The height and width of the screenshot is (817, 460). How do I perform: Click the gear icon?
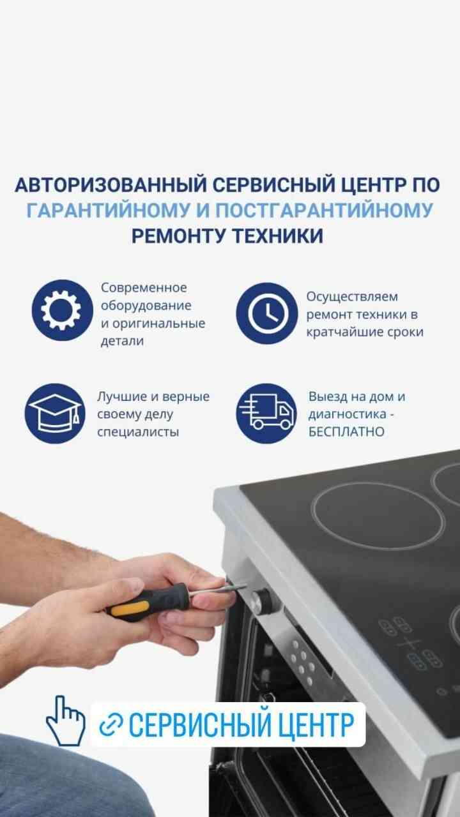pos(62,310)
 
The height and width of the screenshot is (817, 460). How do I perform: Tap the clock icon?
pos(267,313)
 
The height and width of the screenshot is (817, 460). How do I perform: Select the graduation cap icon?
pos(55,413)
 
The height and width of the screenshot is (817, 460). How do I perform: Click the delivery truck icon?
pos(266,413)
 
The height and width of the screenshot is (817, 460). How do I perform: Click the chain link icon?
pos(111,724)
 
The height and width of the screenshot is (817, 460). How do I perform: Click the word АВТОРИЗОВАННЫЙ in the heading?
pos(111,184)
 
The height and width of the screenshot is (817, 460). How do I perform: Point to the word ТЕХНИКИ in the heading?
pos(278,236)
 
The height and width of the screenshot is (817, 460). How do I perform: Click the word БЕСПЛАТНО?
pos(346,432)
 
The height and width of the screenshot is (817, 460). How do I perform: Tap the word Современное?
pos(144,287)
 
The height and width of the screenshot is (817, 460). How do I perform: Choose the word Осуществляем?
pos(352,297)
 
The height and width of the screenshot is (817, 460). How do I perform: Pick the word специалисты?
pos(138,432)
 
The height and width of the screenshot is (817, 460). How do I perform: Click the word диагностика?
pos(347,414)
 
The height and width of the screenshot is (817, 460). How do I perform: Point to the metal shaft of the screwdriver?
pos(217,589)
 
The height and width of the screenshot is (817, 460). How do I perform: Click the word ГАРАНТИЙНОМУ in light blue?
pos(109,211)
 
